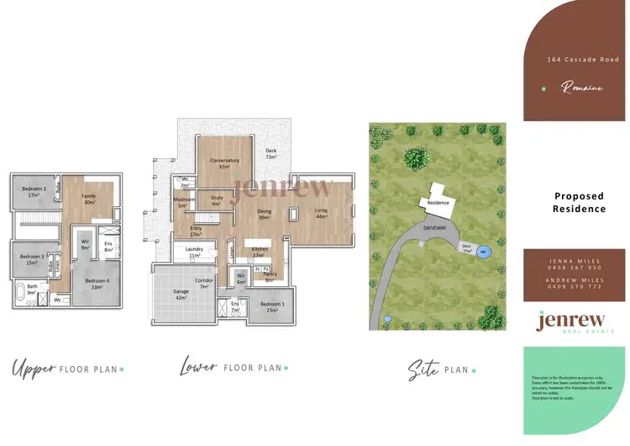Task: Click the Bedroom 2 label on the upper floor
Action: pyautogui.click(x=34, y=189)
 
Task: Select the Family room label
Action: pyautogui.click(x=88, y=199)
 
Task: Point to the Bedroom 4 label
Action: pyautogui.click(x=97, y=284)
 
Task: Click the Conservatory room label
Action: pyautogui.click(x=224, y=162)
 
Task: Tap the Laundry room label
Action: pyautogui.click(x=195, y=252)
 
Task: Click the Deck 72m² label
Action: pyautogui.click(x=271, y=154)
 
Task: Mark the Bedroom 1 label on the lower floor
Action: pyautogui.click(x=271, y=306)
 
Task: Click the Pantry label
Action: pyautogui.click(x=270, y=276)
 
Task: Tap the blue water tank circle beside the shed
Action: pyautogui.click(x=484, y=250)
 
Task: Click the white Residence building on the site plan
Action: pyautogui.click(x=438, y=199)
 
